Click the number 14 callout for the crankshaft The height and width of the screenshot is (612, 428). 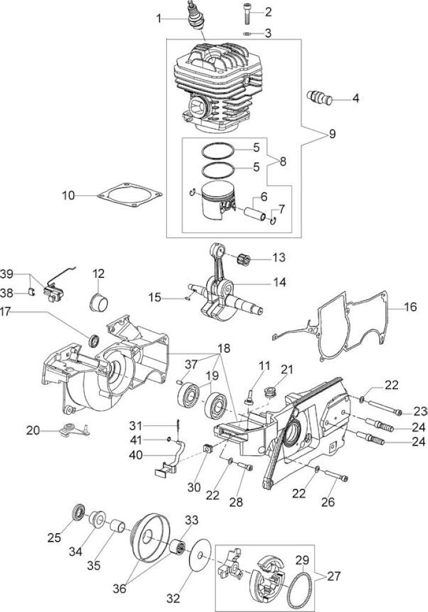tap(279, 282)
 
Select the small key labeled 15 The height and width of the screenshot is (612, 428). tap(188, 299)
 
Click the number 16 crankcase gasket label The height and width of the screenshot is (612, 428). tap(411, 307)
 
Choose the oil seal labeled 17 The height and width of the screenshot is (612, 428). tap(94, 340)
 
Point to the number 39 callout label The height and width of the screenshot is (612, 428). tap(7, 274)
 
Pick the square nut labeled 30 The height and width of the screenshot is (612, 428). tap(209, 448)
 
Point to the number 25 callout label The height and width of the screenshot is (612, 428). tap(54, 537)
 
